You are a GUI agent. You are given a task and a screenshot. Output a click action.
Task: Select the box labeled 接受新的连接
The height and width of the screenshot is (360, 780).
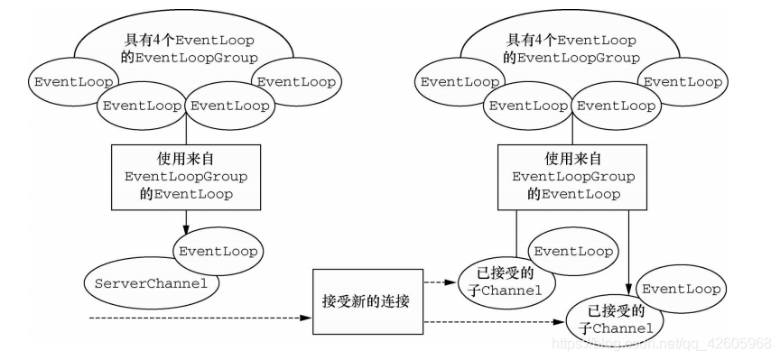(x=366, y=300)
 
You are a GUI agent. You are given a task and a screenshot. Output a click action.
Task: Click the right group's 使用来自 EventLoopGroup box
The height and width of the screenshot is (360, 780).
(x=566, y=176)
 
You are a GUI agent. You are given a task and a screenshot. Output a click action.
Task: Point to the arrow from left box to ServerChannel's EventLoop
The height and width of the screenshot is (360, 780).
(x=185, y=220)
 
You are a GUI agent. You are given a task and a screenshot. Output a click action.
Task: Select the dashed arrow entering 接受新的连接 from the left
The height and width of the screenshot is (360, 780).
(x=199, y=318)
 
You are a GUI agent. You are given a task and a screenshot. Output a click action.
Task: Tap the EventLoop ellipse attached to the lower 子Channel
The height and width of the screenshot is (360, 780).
(x=679, y=290)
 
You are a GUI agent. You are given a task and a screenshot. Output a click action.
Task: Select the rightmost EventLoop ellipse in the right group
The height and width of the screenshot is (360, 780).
(x=682, y=81)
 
